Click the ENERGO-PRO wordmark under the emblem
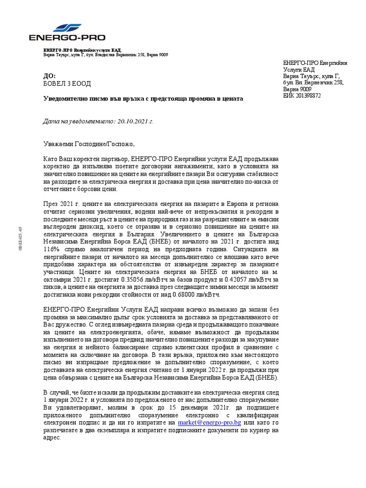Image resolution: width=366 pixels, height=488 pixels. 67,38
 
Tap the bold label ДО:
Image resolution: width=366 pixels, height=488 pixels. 49,76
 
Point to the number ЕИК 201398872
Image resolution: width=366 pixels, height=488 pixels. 302,96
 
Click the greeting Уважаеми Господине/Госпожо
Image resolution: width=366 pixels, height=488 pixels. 89,143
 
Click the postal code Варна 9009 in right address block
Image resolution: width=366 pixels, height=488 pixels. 297,89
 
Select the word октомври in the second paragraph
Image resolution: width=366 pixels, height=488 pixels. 58,279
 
